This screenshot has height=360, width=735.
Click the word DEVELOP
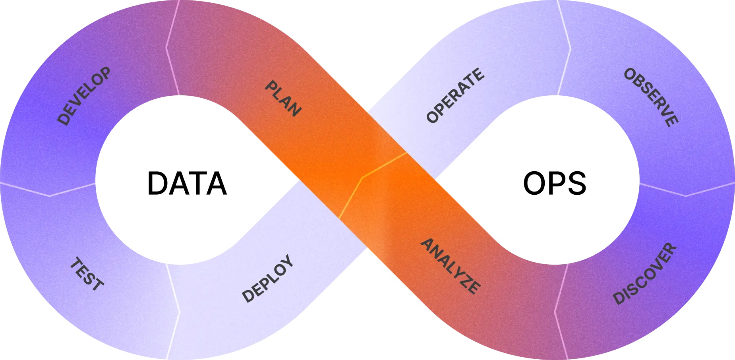pos(84,97)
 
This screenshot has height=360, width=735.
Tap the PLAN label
pos(283,99)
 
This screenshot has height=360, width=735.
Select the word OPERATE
pos(455,96)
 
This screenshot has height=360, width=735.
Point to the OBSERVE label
pos(651,97)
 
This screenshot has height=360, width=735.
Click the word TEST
pos(87,274)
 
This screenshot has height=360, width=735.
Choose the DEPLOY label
pos(268,278)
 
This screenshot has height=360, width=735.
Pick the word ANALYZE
pos(451,266)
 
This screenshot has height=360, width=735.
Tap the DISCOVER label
pos(644,274)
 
